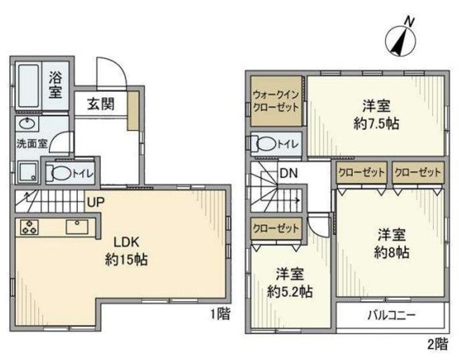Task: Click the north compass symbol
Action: tap(400, 39)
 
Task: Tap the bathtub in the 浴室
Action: tap(29, 85)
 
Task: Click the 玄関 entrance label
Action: tap(101, 104)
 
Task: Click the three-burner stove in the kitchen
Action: tap(29, 227)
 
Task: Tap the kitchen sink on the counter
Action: tap(77, 227)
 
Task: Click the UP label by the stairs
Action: tap(96, 202)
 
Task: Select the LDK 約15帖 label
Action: tap(126, 251)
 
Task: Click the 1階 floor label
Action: tap(221, 314)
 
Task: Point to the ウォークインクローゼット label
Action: tap(276, 101)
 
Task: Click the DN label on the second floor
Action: tap(289, 173)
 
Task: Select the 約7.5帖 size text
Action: tap(377, 124)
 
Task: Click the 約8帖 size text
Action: tap(391, 252)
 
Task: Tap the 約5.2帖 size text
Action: tap(290, 291)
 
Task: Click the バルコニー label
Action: tap(391, 315)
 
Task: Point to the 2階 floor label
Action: tap(438, 344)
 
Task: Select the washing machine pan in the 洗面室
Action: tap(28, 173)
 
